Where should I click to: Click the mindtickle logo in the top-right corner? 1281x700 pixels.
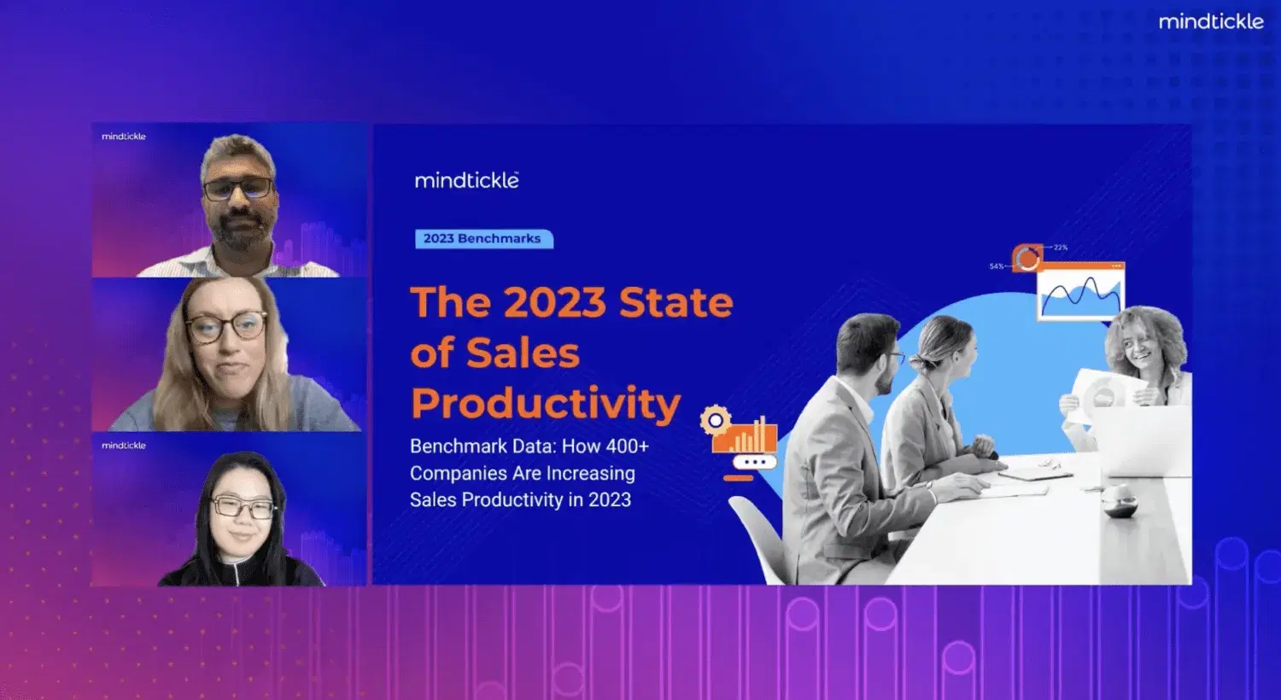(x=1210, y=21)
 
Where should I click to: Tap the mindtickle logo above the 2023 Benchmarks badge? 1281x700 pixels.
(x=466, y=180)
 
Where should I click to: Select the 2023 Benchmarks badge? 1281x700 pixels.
(x=483, y=239)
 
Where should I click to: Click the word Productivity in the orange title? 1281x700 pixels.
(x=546, y=403)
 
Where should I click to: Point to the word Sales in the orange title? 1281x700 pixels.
(x=523, y=353)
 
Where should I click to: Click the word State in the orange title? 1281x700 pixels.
(x=676, y=302)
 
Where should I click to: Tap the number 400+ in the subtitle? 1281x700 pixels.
(x=627, y=446)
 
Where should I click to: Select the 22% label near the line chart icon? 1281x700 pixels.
(x=1061, y=248)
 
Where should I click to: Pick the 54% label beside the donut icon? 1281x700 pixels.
(x=997, y=266)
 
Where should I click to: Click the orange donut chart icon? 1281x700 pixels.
(x=1027, y=258)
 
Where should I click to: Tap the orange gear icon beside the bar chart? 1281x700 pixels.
(x=715, y=420)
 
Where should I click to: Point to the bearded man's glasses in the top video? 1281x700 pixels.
(x=237, y=189)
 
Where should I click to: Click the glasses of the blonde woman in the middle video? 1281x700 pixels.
(x=226, y=327)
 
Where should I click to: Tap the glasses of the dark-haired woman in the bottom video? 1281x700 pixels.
(x=243, y=507)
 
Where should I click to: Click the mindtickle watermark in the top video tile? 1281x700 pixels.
(x=124, y=137)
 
